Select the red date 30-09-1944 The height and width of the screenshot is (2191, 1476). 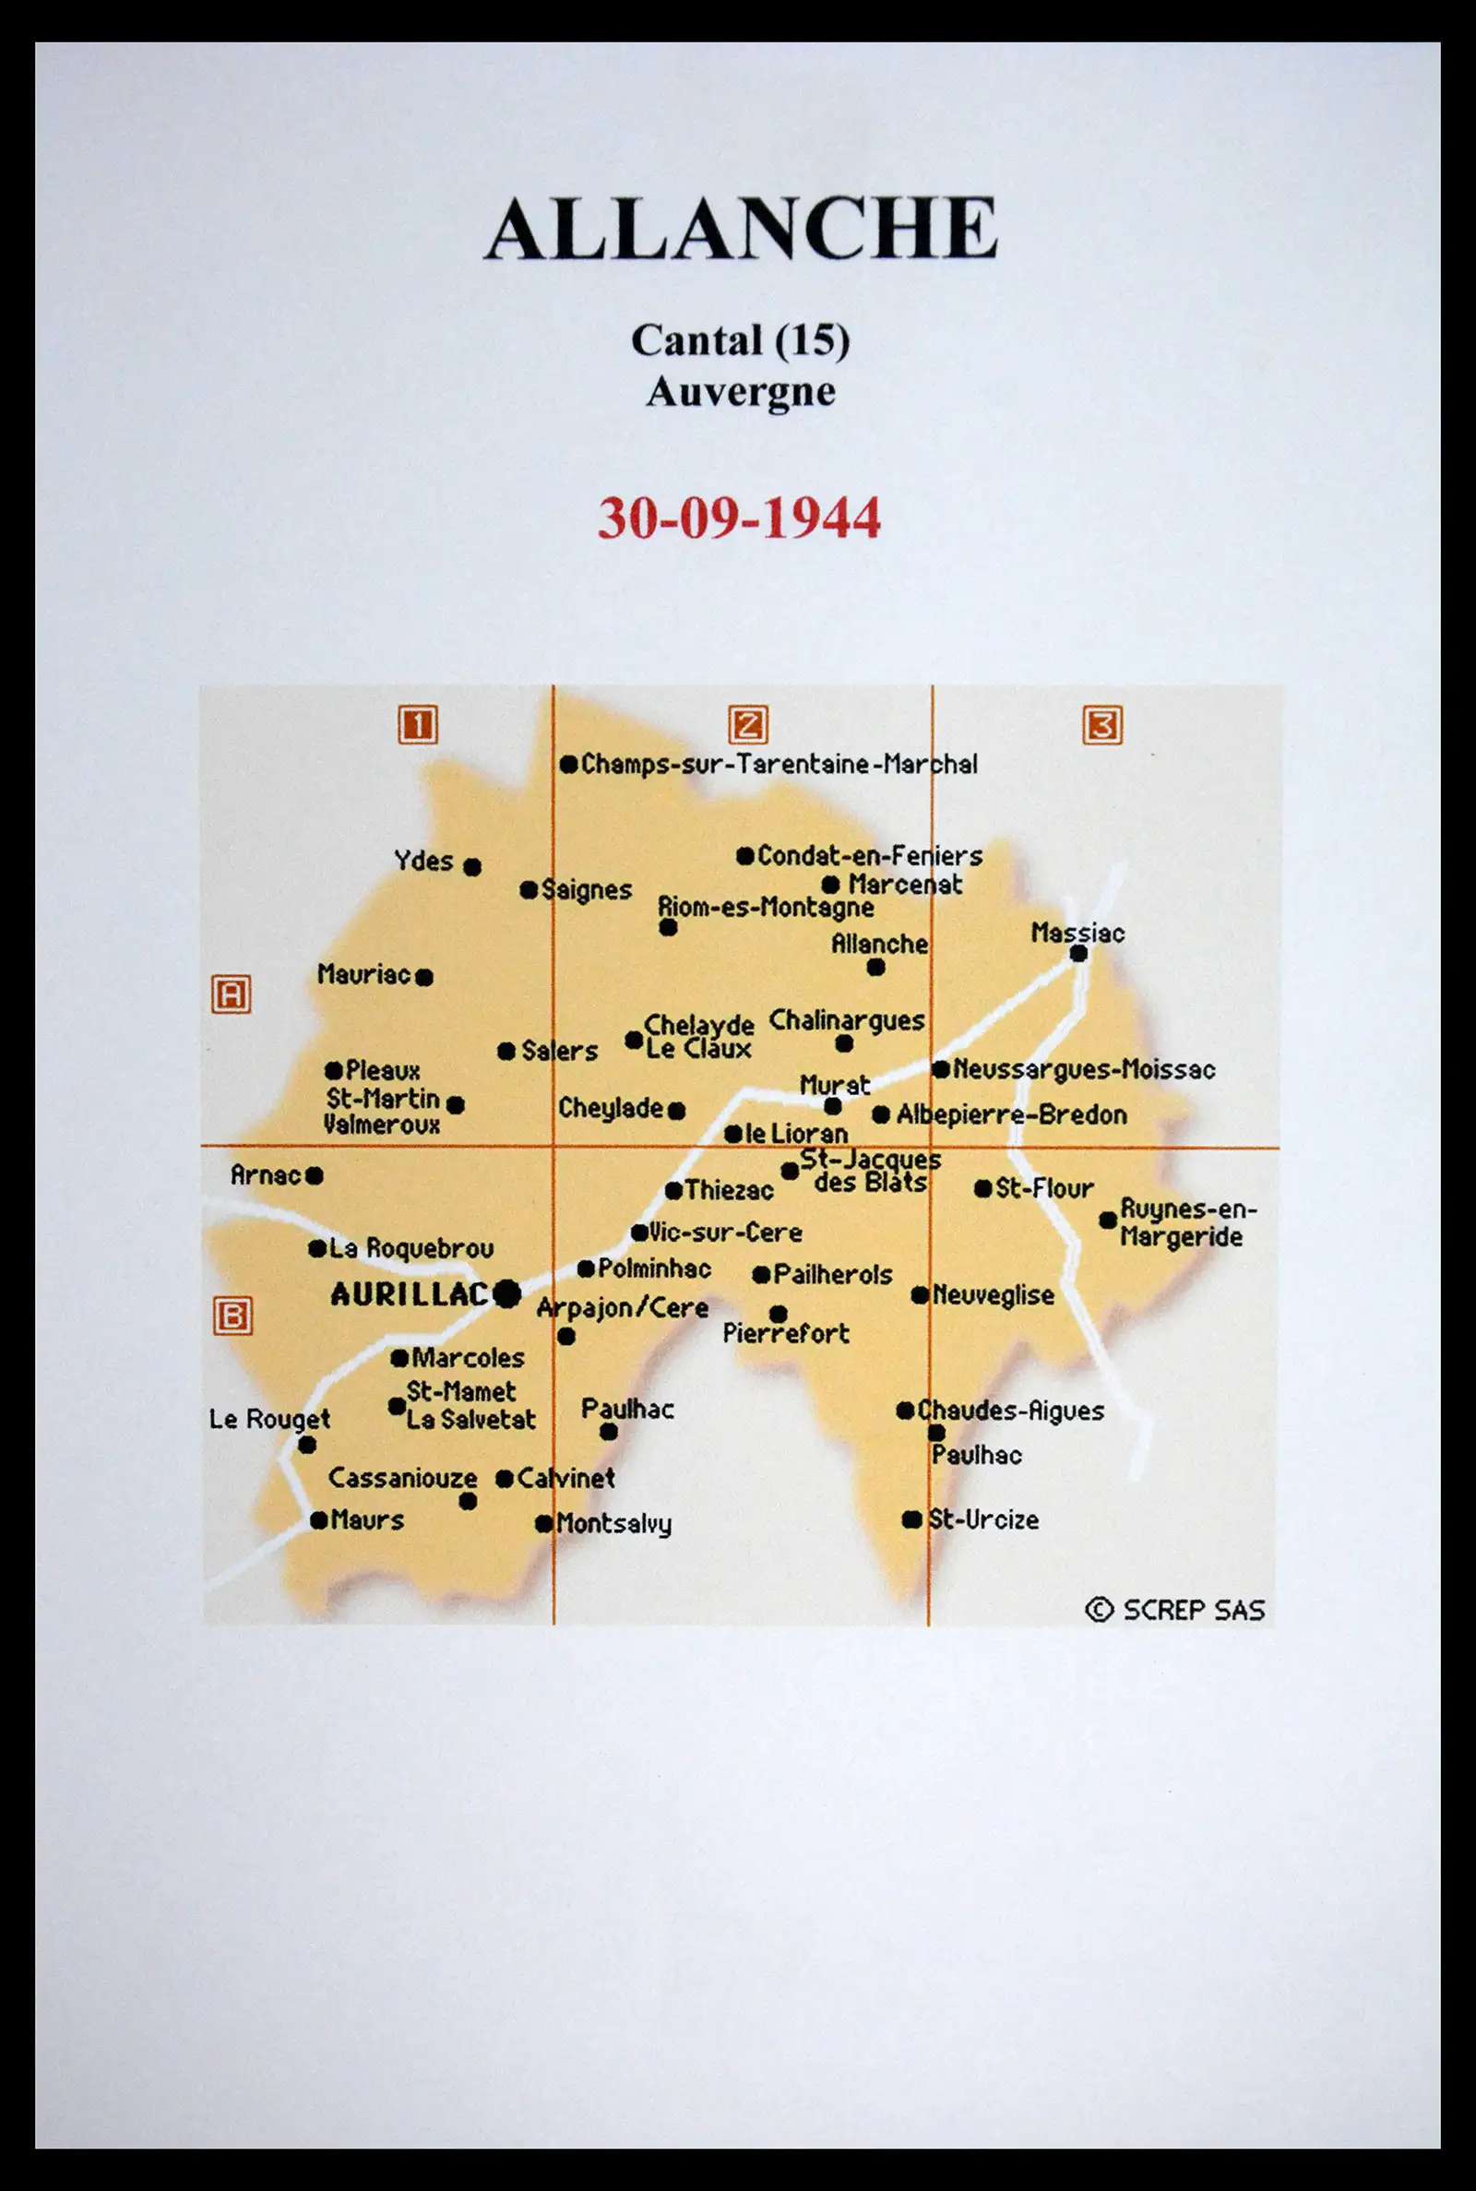pos(739,518)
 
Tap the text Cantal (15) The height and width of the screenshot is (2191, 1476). pos(740,340)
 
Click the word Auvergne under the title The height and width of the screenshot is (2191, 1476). pos(740,391)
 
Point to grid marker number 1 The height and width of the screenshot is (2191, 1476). pos(418,725)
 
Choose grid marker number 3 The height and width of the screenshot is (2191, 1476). pos(1102,725)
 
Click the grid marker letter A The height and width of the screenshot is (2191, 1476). pos(232,994)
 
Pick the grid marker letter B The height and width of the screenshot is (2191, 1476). pos(232,1316)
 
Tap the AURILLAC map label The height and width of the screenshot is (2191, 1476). pos(408,1295)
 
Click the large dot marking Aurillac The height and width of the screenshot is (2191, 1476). pos(507,1294)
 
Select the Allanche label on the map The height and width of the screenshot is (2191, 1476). pos(879,944)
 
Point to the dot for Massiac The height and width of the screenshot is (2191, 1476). pos(1078,953)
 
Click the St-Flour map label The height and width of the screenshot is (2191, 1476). pos(1044,1188)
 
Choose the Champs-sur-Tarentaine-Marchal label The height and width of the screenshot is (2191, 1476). pos(779,764)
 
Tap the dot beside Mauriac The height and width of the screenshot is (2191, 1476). pos(424,978)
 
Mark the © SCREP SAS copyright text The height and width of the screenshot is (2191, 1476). pos(1174,1611)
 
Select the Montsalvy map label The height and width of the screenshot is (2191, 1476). pos(613,1523)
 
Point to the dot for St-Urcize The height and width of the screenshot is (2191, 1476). pos(911,1520)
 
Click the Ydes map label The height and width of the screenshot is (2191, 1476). pos(423,861)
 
